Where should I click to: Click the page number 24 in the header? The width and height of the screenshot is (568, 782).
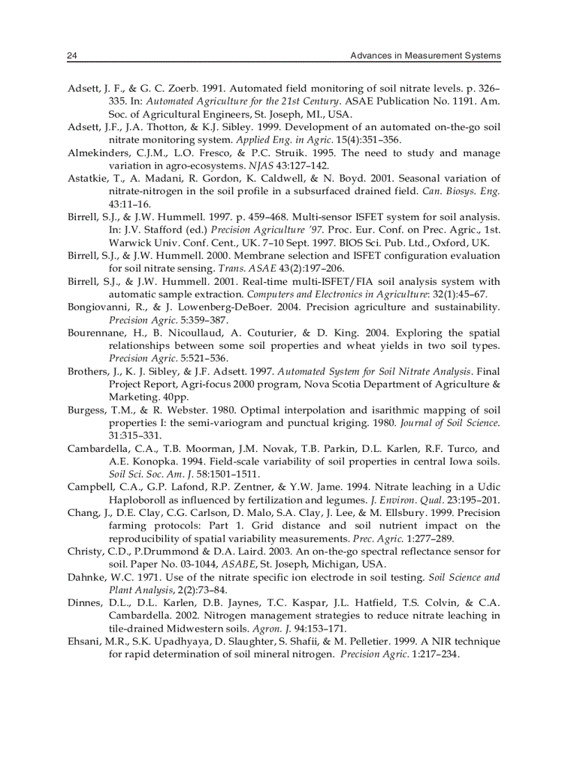coord(72,56)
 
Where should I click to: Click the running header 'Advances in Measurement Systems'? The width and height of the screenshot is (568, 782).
coord(425,56)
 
